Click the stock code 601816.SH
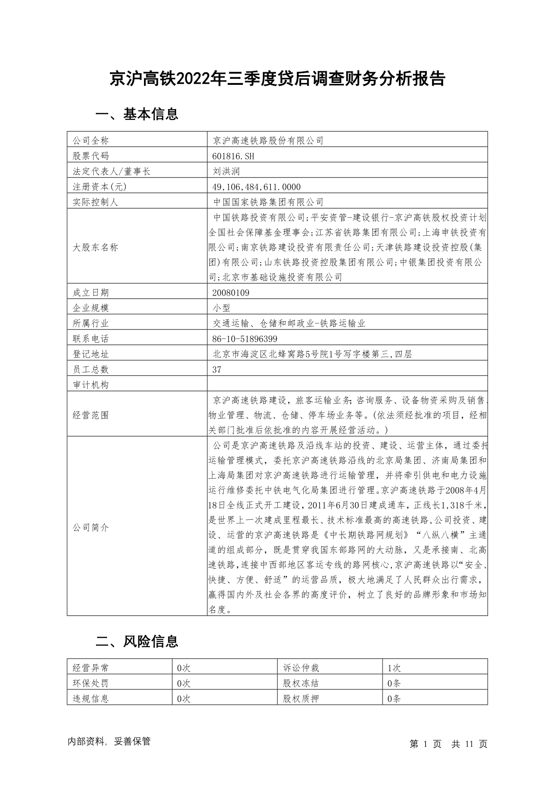tap(233, 156)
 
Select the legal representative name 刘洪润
tap(226, 172)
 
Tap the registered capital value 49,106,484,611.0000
tap(256, 187)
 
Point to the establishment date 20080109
tap(231, 293)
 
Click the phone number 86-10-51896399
tap(245, 339)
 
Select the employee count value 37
tap(217, 370)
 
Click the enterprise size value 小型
tap(221, 308)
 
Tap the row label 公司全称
tap(90, 141)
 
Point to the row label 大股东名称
tap(95, 248)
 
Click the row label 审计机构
tap(90, 385)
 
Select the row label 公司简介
tap(90, 528)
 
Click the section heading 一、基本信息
tap(137, 114)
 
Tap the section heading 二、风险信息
tap(137, 642)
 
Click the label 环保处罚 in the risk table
tap(90, 683)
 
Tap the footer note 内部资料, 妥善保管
tap(109, 741)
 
